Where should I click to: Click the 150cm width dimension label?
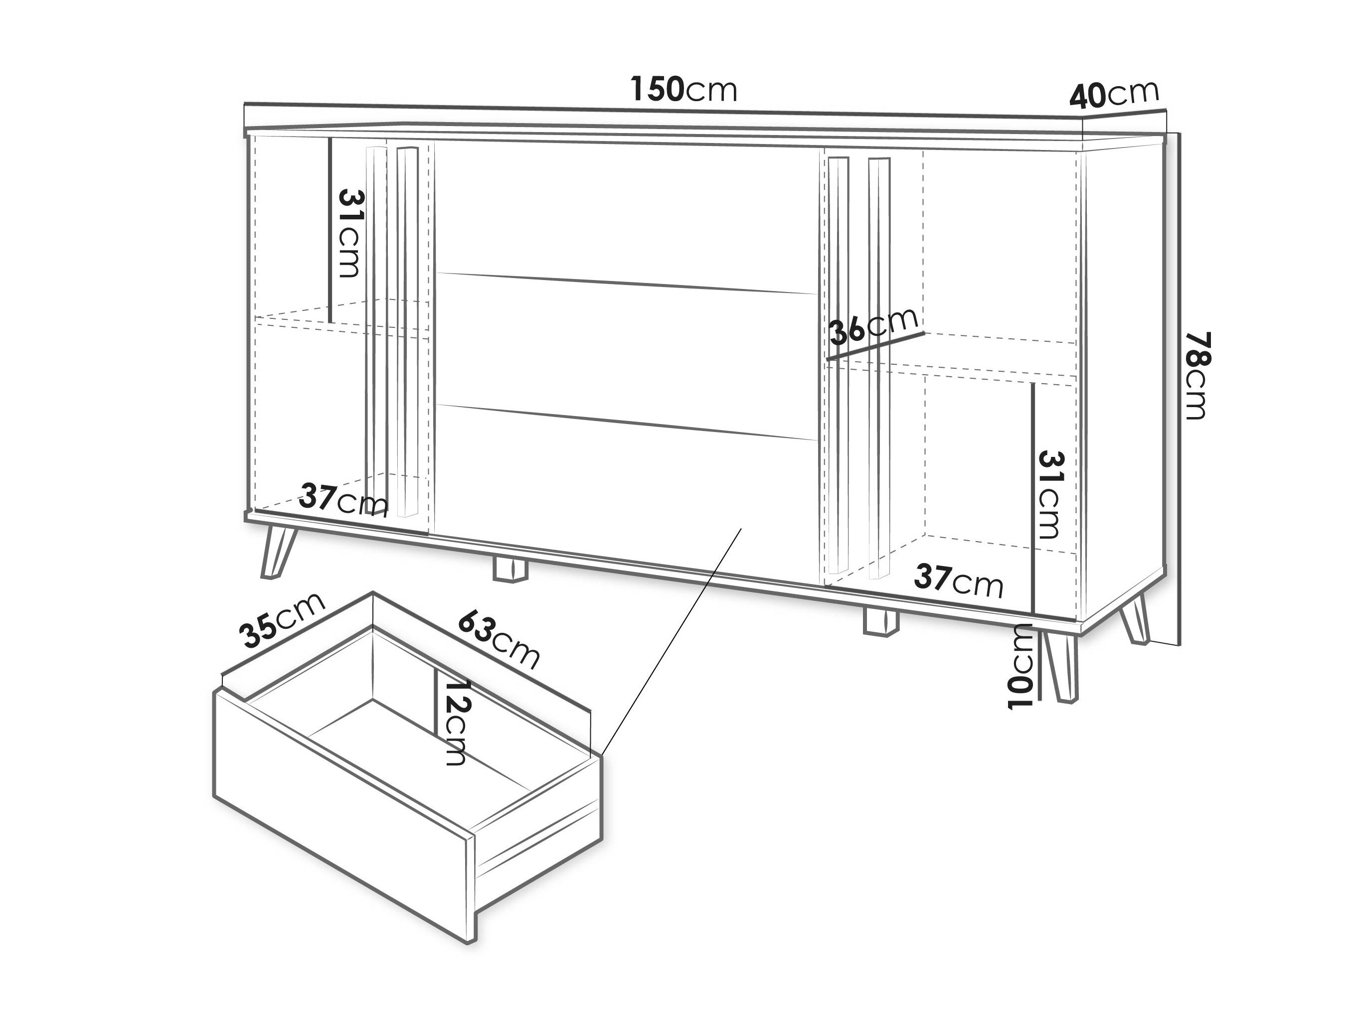[x=684, y=90]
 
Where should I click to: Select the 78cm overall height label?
[x=1195, y=376]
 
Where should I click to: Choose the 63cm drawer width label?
[x=499, y=639]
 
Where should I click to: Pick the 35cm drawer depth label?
[x=282, y=620]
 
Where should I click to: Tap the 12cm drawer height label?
[x=454, y=723]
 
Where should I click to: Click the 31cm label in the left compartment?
[x=350, y=233]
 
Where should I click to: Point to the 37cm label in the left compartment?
[x=344, y=501]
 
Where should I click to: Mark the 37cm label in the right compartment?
[x=958, y=581]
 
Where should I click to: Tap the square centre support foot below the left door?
[x=510, y=569]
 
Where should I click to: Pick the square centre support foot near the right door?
[x=880, y=621]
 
